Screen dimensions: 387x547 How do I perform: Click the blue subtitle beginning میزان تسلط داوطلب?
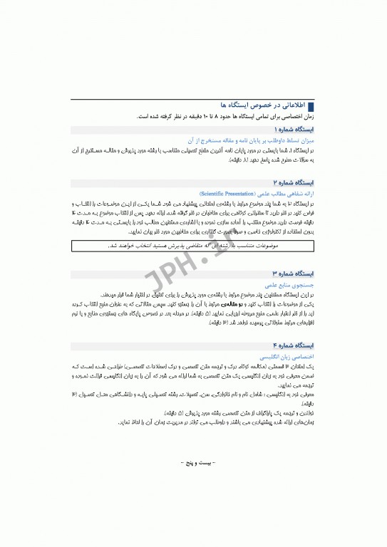click(250, 141)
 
